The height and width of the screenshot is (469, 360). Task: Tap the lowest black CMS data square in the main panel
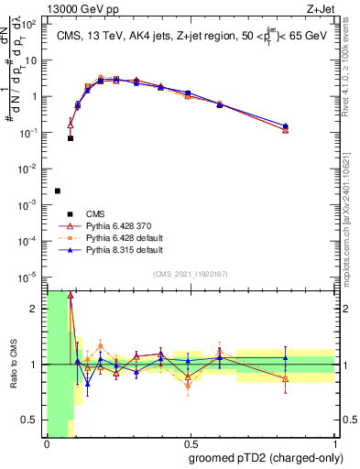tap(58, 191)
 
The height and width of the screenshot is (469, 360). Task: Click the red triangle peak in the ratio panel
tap(71, 295)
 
